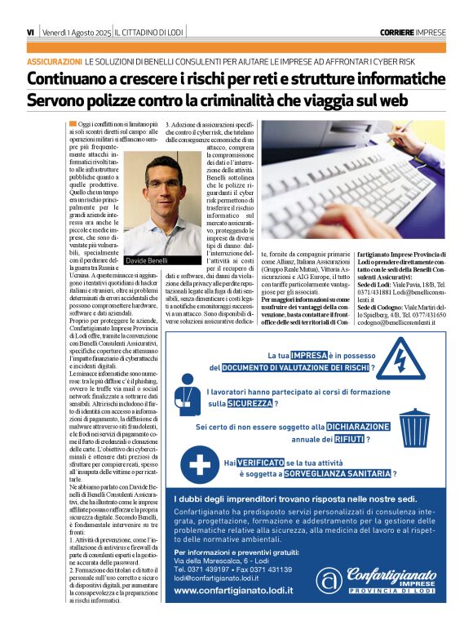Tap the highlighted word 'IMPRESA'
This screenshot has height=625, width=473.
click(x=308, y=356)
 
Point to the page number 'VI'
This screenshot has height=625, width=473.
click(x=30, y=32)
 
